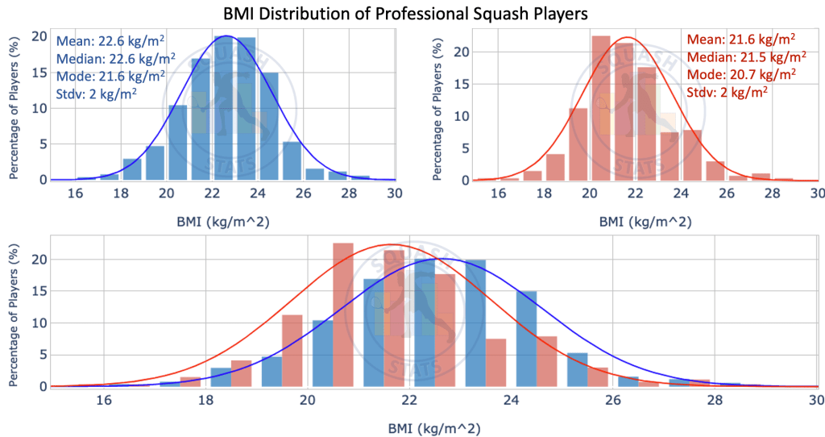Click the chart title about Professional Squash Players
(x=412, y=14)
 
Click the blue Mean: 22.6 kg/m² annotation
(x=111, y=40)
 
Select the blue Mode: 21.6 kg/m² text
(x=111, y=75)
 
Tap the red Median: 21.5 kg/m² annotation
(x=745, y=56)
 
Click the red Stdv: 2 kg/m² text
(x=726, y=92)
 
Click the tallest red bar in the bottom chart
(x=343, y=314)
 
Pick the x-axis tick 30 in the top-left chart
(x=394, y=194)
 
